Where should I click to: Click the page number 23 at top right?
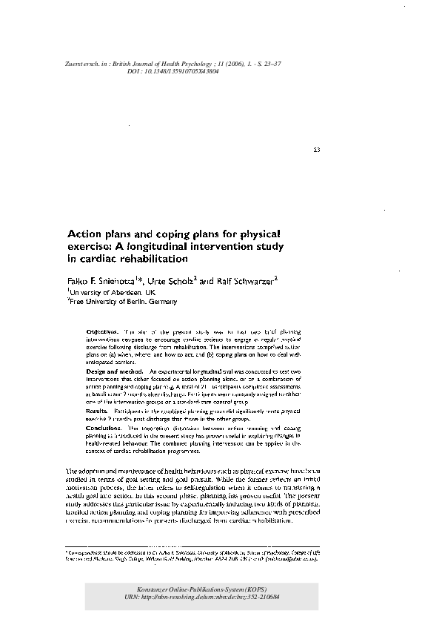tap(317, 152)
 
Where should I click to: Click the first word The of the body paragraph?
tap(72, 472)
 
